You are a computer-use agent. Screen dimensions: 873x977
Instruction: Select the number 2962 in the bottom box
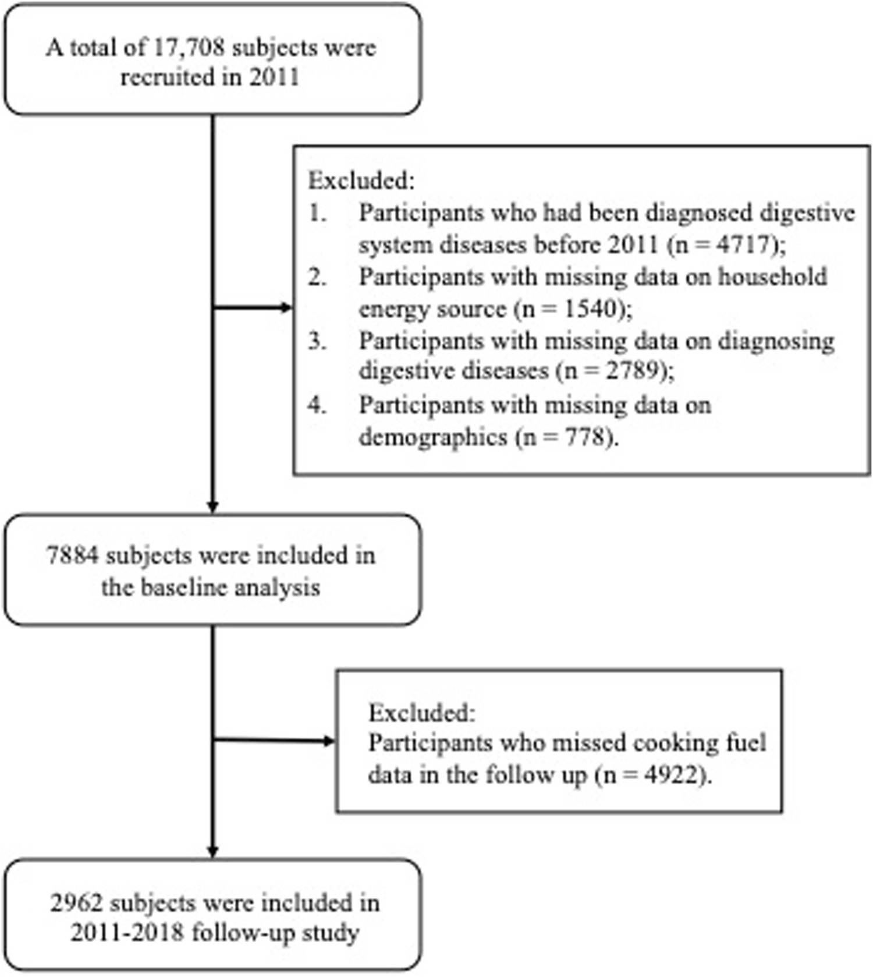[76, 903]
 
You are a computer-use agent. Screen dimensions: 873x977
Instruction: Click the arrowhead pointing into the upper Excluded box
[286, 307]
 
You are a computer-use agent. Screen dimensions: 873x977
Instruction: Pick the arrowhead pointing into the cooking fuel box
[329, 741]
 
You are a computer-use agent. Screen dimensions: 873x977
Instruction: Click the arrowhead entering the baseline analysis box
[212, 507]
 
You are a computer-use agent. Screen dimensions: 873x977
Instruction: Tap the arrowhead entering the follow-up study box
[212, 851]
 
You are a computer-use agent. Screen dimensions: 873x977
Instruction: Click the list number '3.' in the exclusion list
[317, 341]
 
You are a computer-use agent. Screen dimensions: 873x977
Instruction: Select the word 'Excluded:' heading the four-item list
[361, 181]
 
